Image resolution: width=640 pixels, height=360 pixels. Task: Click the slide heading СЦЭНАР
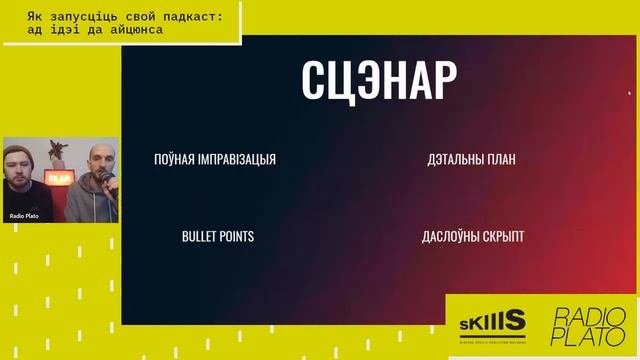point(379,81)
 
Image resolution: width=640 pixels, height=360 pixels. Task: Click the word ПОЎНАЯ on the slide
point(175,159)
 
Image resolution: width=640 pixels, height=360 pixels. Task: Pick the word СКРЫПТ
point(506,237)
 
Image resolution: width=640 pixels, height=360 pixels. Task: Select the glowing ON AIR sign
point(59,178)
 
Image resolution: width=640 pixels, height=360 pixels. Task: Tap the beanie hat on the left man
point(22,153)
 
